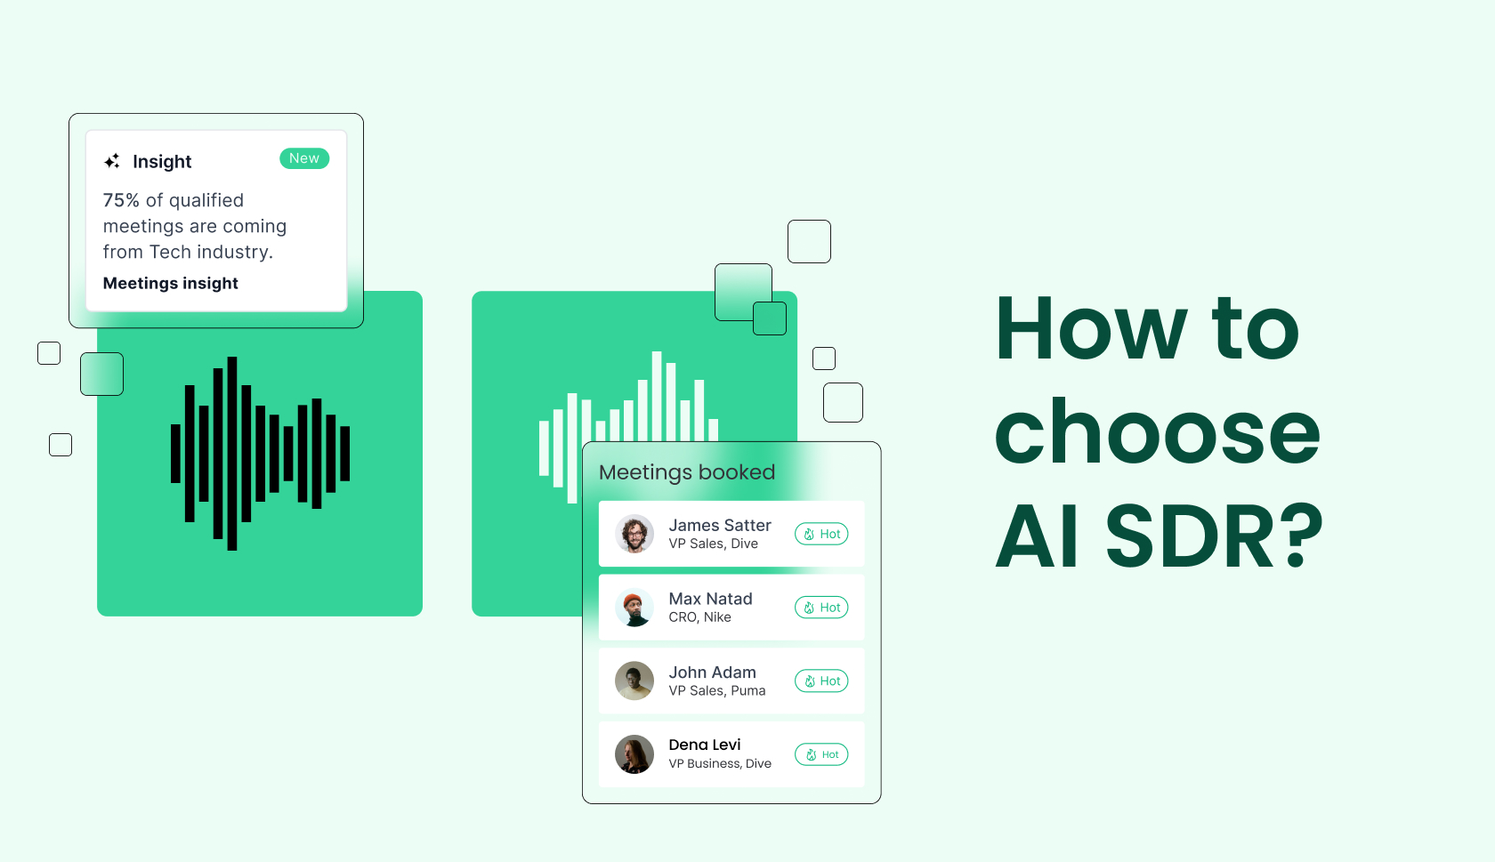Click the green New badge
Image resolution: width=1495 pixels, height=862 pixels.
pos(304,158)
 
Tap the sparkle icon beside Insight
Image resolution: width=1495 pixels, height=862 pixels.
pos(112,161)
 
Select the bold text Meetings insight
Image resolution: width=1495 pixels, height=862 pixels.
pos(171,283)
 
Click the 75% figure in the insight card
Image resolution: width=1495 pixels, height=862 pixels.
pos(121,200)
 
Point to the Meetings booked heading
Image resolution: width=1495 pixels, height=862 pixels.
pos(687,472)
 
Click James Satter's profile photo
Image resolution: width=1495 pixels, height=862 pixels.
pos(634,534)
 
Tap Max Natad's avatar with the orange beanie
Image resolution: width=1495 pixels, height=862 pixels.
pos(634,608)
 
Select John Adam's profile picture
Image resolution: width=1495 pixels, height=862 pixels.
pos(634,681)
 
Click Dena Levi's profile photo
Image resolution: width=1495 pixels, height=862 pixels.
pos(634,754)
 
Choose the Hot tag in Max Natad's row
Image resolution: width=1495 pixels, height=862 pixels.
pos(821,608)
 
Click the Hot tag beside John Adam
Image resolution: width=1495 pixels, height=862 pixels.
pos(821,681)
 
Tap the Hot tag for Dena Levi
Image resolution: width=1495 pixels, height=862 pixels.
pos(821,754)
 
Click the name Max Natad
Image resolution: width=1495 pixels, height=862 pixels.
pos(710,599)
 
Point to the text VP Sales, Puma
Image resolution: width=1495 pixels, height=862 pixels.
pos(717,691)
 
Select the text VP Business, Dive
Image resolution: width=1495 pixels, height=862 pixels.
pos(720,764)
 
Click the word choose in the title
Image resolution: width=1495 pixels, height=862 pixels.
pos(1157,433)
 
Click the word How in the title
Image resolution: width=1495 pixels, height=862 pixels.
pos(1091,329)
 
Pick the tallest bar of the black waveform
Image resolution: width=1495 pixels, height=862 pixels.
pos(232,454)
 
